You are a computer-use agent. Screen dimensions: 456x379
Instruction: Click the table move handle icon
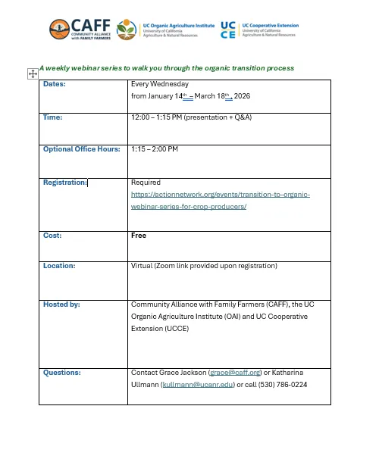coord(33,73)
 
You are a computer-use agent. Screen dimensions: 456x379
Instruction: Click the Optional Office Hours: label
coord(81,149)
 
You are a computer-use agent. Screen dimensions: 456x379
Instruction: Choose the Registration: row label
coord(65,183)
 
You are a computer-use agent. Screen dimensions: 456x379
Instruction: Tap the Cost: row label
coord(52,236)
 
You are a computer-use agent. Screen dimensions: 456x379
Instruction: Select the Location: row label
coord(58,266)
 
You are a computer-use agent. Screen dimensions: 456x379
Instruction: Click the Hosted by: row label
coord(61,305)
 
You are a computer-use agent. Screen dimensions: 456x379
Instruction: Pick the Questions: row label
coord(61,373)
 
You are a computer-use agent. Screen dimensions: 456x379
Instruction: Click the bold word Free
coord(139,236)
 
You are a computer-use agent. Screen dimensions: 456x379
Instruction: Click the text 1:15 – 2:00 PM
coord(155,149)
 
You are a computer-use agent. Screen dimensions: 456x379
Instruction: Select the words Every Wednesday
coord(160,84)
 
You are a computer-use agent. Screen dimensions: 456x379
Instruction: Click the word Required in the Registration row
coord(146,183)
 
